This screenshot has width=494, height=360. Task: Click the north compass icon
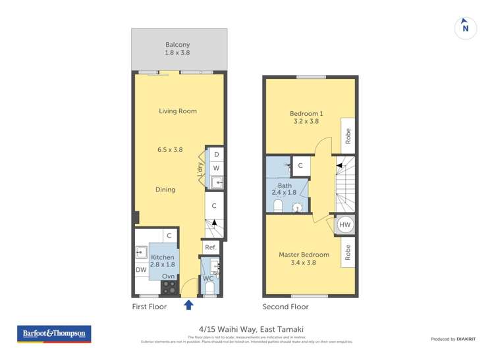coord(466,28)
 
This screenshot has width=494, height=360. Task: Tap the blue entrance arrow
coord(189,304)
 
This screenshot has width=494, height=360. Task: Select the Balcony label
coord(178,48)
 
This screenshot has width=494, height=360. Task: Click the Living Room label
coord(178,111)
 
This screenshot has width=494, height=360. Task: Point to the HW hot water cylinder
coord(344,225)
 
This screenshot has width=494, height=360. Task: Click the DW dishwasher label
coord(141,270)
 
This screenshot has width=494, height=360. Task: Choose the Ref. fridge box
coord(210,247)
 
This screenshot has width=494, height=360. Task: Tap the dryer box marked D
coord(216,154)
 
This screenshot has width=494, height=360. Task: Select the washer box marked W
coord(216,167)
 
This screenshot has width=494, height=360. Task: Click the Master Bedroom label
coord(304,259)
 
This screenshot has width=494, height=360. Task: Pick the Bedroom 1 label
coord(305,116)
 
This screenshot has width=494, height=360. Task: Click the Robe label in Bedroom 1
coord(348,136)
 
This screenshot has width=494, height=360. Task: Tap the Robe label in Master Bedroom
coord(348,251)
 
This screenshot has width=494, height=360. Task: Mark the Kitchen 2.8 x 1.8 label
coord(163,261)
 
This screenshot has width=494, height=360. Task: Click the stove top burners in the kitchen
coord(169,287)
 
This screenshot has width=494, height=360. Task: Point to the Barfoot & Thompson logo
coord(54,334)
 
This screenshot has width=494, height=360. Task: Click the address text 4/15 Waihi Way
coord(247,330)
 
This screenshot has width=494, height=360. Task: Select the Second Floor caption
coord(285,307)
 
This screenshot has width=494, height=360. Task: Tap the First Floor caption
coord(150,307)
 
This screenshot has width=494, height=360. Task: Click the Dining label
coord(165,190)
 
